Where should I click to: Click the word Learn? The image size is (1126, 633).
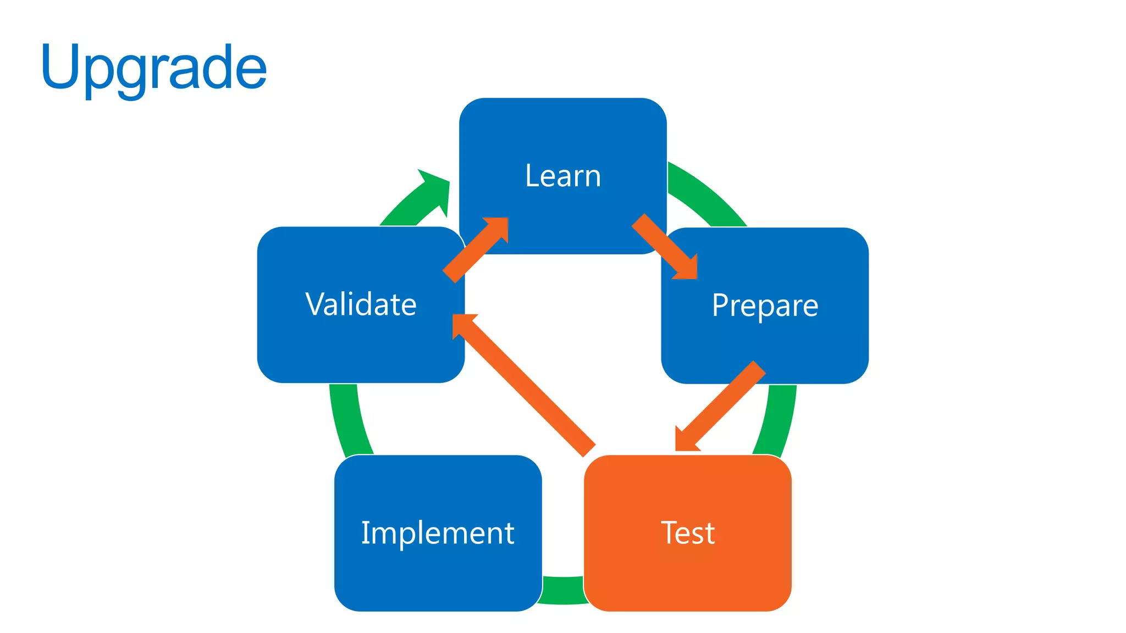click(x=563, y=176)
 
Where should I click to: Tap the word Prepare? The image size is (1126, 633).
click(x=765, y=306)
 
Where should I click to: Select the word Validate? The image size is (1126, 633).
click(x=361, y=304)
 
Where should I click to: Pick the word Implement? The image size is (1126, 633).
click(x=438, y=533)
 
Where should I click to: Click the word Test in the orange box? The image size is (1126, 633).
click(x=688, y=533)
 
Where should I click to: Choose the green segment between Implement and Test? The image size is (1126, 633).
click(x=563, y=591)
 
